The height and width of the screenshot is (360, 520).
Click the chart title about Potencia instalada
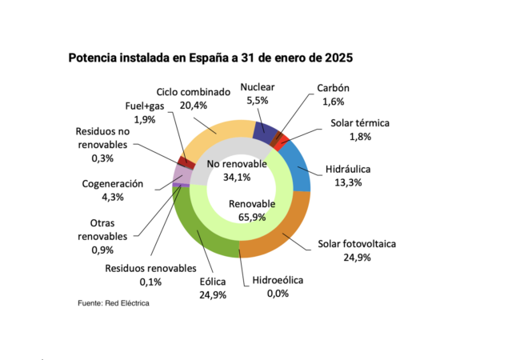pos(210,58)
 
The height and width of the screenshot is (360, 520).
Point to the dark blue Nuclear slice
pos(265,129)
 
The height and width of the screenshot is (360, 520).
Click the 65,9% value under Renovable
pos(252,218)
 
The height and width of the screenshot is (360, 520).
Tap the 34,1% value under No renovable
pos(236,177)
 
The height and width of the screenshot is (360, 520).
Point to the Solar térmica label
pos(359,123)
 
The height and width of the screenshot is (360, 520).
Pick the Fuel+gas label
pos(144,106)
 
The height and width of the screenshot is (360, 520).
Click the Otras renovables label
pos(102,230)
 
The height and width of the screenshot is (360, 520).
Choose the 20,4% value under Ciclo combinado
pos(193,104)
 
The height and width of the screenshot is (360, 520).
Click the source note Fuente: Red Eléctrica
pos(114,304)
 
